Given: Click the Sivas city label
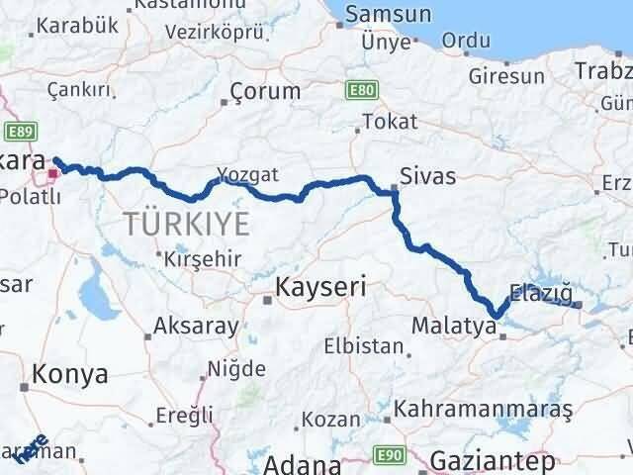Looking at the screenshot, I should (x=428, y=176).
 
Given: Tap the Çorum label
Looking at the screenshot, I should (x=264, y=92).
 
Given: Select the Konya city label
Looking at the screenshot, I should (x=69, y=374).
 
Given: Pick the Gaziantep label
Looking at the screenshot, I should (x=494, y=462).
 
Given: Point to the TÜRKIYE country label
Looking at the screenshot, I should (x=187, y=224).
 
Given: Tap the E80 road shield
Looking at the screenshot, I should (x=361, y=91).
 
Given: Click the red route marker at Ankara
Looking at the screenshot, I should (x=52, y=177).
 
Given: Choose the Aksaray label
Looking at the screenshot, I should (x=198, y=327).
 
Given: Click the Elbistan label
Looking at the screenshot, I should (x=363, y=346).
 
